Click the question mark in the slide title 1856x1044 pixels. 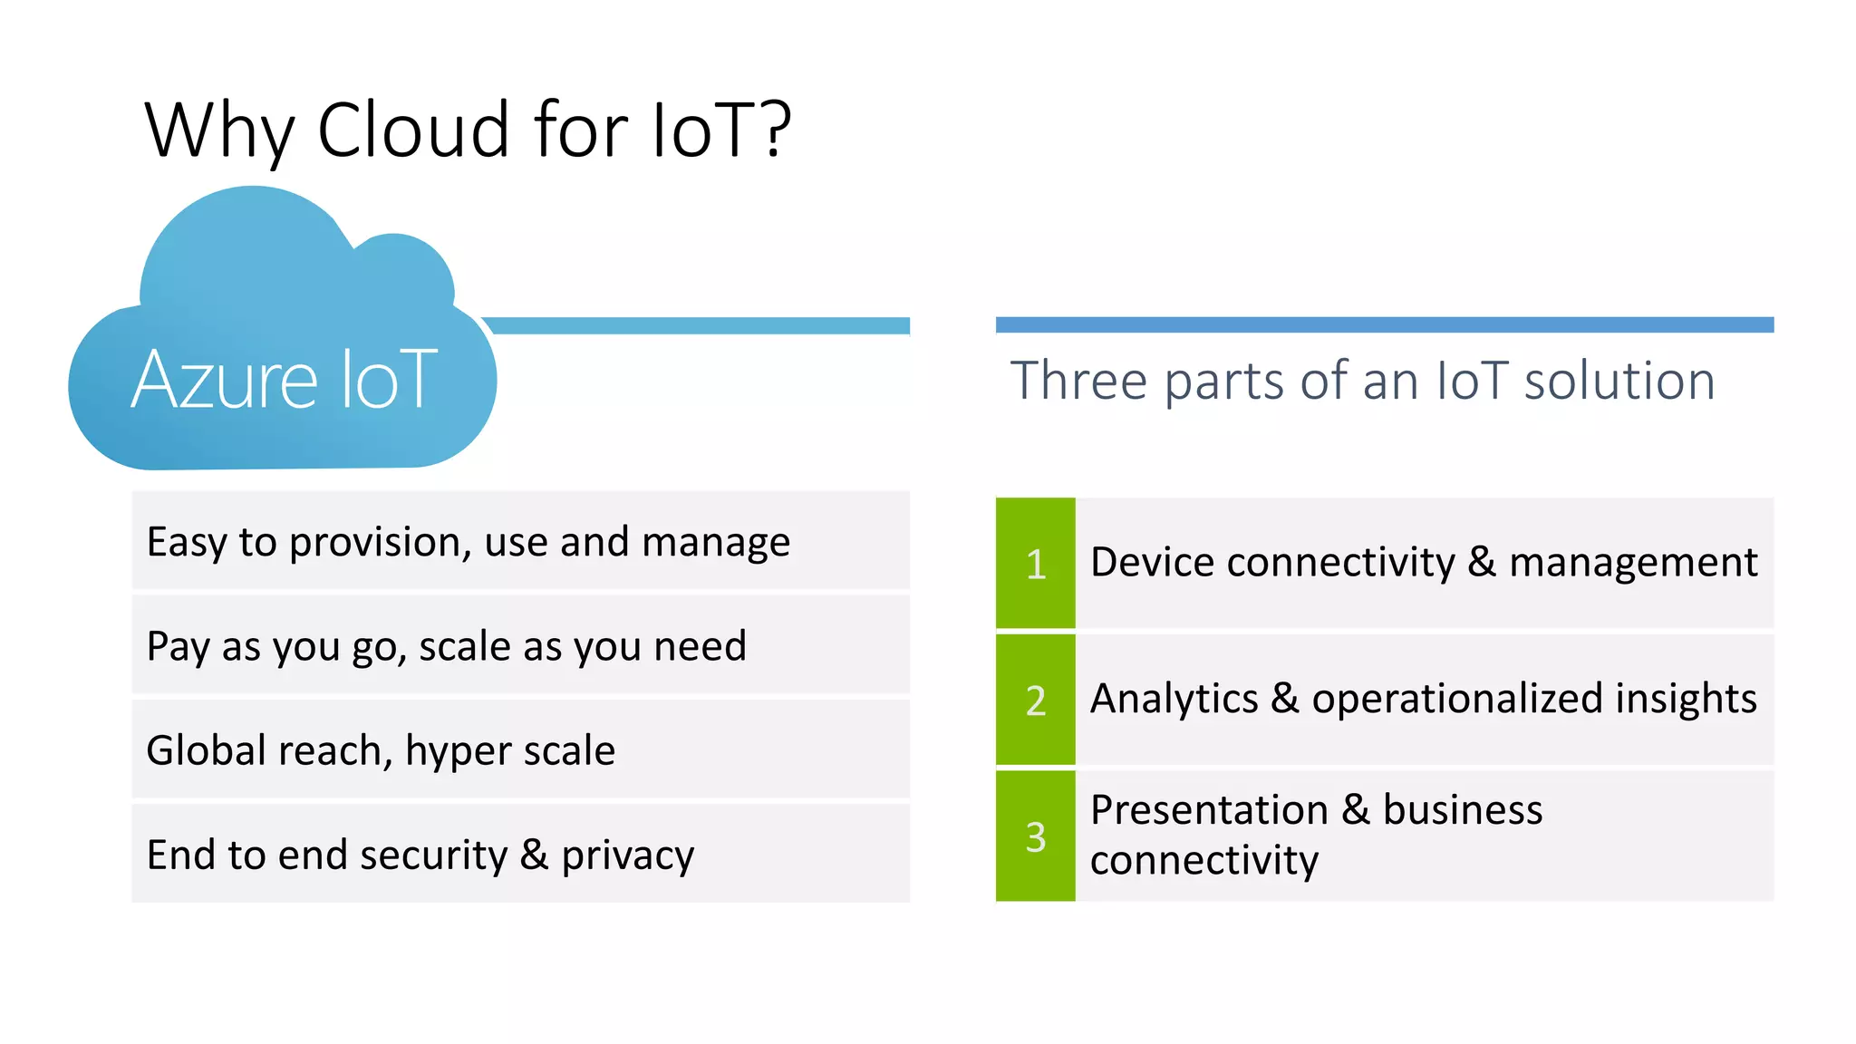coord(776,130)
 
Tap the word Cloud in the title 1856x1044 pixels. coord(413,130)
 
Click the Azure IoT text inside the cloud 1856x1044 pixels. coord(285,381)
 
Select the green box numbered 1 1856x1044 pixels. coord(1035,563)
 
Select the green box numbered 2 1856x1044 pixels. coord(1035,700)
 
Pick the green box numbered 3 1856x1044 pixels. coord(1035,836)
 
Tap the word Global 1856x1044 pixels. coord(205,750)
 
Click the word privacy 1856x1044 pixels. coord(627,855)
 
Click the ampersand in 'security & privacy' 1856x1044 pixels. coord(534,855)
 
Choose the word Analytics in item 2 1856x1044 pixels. coord(1174,699)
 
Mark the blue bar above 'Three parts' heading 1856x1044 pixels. coord(1384,324)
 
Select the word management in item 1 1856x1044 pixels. coord(1632,563)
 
